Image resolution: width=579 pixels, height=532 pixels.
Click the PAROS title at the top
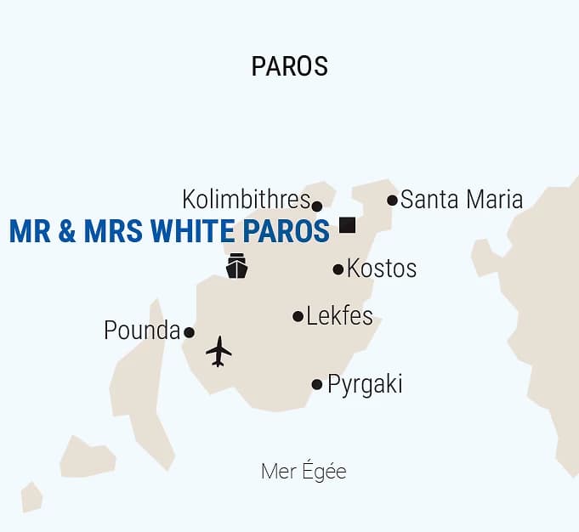point(289,66)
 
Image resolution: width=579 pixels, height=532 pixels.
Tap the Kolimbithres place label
point(246,200)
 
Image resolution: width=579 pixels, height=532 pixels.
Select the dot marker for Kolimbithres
point(317,206)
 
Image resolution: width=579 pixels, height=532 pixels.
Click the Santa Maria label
point(461,200)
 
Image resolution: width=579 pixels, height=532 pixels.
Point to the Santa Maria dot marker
point(392,201)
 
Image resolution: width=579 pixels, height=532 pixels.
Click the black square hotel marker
point(347,225)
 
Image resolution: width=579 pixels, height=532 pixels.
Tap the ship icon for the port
point(236,266)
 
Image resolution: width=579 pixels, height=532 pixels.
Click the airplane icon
point(219,351)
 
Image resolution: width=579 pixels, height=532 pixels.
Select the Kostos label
point(382,269)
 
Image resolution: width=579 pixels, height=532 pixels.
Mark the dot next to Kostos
point(338,269)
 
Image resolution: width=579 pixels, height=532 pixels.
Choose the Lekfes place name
point(339,316)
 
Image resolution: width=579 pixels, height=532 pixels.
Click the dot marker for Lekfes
point(298,316)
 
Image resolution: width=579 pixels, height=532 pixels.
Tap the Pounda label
point(142,331)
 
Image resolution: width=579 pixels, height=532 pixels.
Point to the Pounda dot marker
point(189,332)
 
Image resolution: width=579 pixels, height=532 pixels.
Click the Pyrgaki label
point(364,384)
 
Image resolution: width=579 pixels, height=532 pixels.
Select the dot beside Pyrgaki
point(317,384)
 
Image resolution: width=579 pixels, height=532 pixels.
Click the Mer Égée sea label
point(304,472)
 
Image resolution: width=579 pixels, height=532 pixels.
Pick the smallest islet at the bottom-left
point(31,496)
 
